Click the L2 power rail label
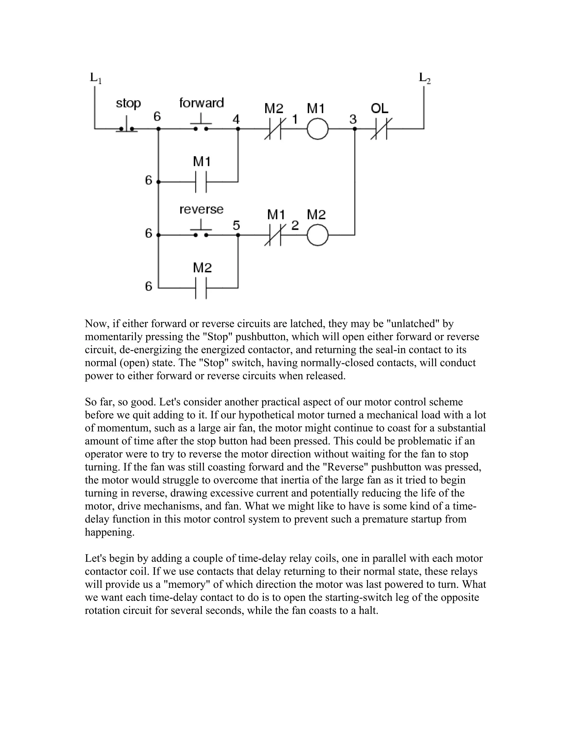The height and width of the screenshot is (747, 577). coord(425,78)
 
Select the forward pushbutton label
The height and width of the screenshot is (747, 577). coord(201,103)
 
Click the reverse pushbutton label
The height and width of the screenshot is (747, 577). coord(201,209)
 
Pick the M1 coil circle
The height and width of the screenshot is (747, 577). coord(318,129)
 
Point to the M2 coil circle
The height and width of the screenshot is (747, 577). coord(318,235)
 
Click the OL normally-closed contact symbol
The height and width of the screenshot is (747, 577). coord(381,129)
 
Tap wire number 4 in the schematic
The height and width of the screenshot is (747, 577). coord(236,119)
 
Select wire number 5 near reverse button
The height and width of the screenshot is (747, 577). coord(236,226)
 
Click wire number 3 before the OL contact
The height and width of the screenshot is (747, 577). coord(353,119)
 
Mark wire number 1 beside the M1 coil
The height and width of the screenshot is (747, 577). coord(294,119)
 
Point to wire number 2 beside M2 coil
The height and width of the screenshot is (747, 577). coord(295,226)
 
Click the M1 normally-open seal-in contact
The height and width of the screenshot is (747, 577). coord(201,182)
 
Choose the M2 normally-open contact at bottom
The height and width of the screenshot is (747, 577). coord(201,288)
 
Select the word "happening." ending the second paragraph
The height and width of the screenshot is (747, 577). coord(109,532)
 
